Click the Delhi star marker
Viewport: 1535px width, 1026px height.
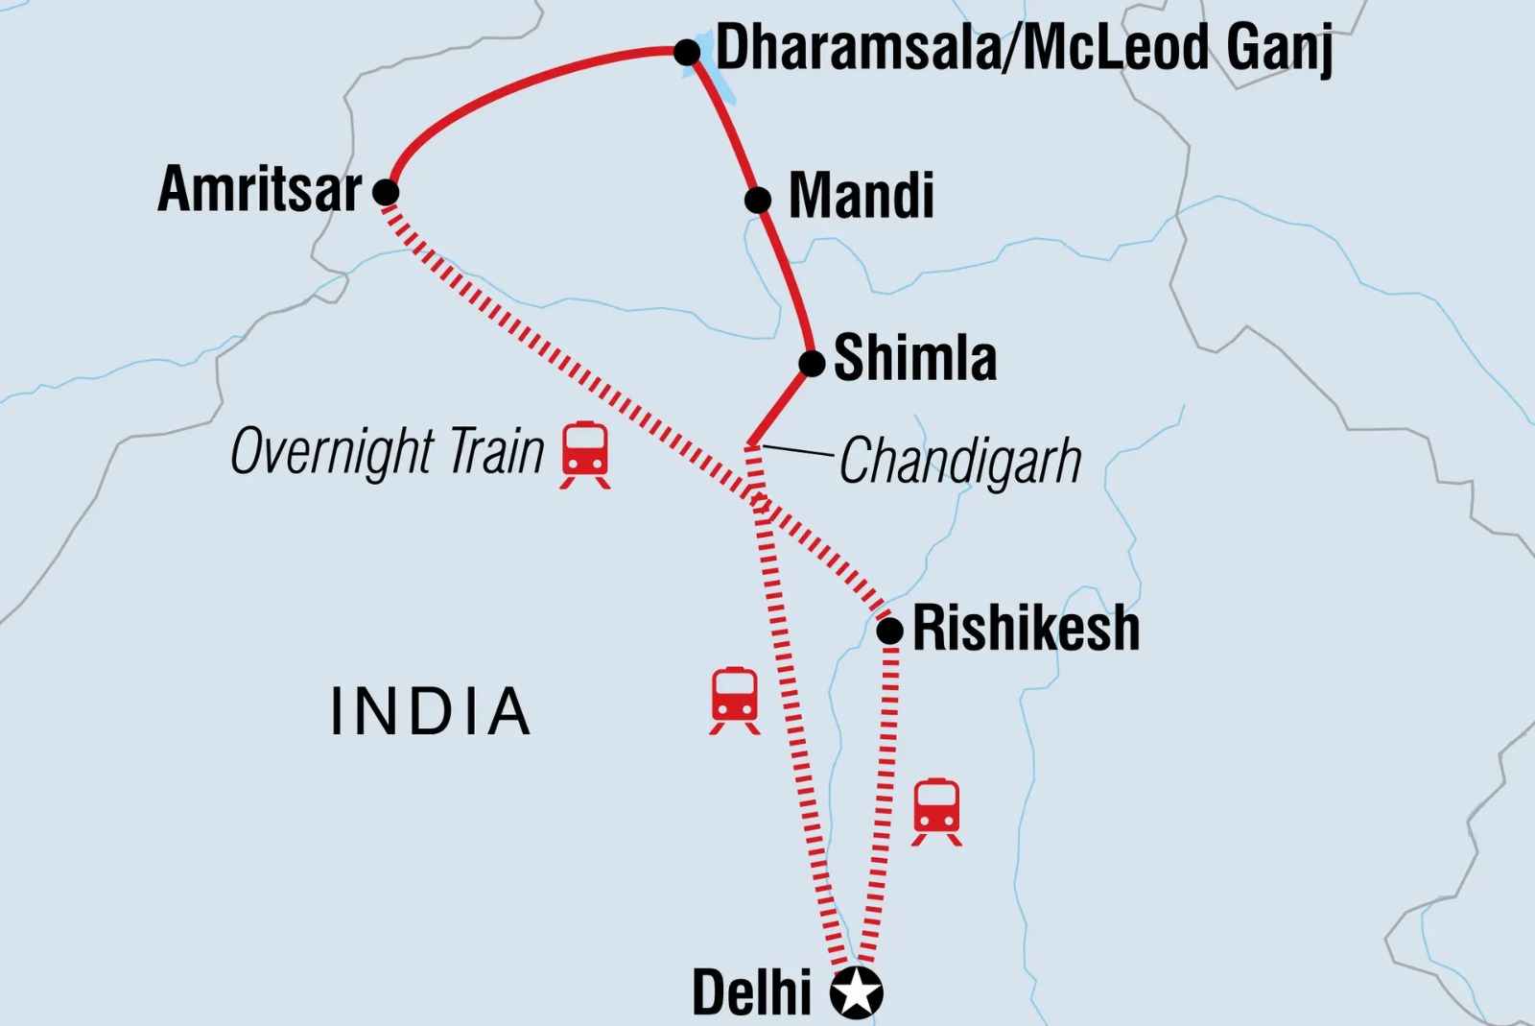[x=856, y=992]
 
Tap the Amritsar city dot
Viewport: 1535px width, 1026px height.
[x=386, y=192]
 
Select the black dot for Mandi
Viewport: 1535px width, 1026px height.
[x=758, y=200]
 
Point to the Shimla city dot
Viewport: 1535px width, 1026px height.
[x=812, y=364]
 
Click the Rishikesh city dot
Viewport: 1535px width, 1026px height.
[x=890, y=631]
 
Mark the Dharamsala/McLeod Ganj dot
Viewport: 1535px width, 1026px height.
[x=687, y=52]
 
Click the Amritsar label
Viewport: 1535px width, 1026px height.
[x=260, y=189]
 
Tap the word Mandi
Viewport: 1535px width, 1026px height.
[x=861, y=197]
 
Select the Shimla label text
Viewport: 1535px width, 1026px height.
[x=915, y=359]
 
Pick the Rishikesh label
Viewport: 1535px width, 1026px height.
[x=1026, y=629]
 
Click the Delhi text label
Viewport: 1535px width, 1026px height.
[x=751, y=992]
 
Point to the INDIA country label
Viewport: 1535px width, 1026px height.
[x=430, y=712]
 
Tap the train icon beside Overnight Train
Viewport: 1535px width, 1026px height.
[x=585, y=454]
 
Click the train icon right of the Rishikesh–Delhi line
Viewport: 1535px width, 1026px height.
[x=936, y=811]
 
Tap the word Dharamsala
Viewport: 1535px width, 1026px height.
[x=857, y=48]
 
